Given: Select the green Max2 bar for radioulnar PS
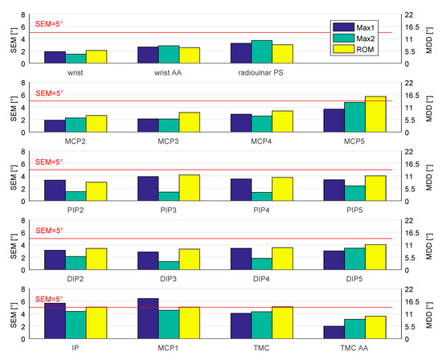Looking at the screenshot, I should (262, 51).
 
